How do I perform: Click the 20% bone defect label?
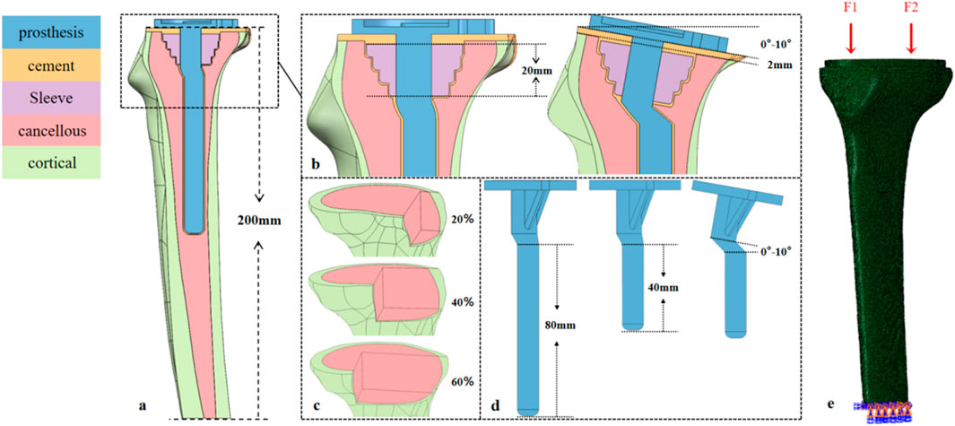pos(462,217)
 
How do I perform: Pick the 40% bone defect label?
pos(462,301)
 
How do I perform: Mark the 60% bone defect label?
pos(462,384)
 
